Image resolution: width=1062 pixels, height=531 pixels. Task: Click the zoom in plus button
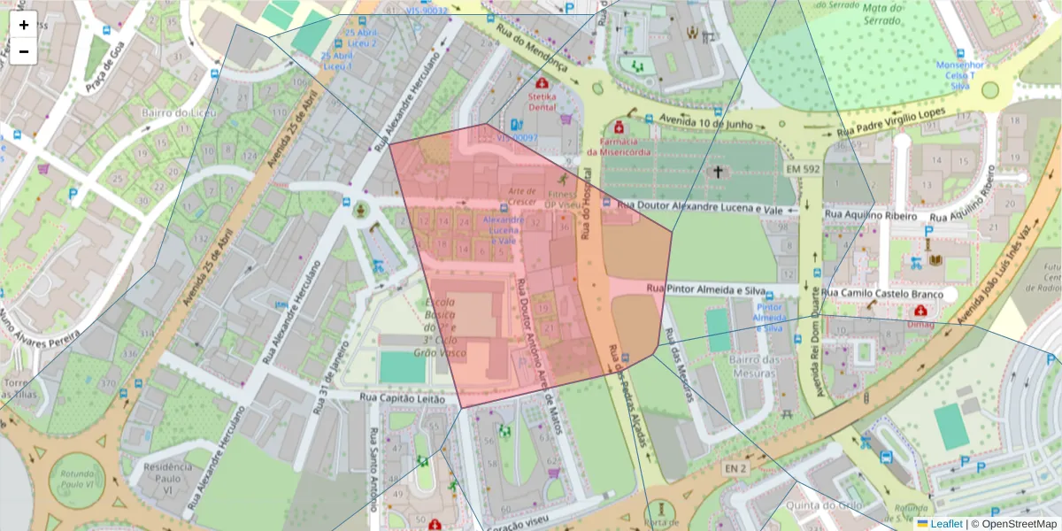[24, 25]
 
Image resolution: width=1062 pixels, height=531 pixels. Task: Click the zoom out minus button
[24, 51]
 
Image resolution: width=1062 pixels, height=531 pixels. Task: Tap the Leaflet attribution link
[945, 524]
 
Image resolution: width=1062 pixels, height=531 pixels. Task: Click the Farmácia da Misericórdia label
[626, 146]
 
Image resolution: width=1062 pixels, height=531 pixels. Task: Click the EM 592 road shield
[802, 168]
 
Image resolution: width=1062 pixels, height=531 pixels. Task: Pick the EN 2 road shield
[735, 467]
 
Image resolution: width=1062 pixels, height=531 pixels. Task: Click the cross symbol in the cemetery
[718, 172]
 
